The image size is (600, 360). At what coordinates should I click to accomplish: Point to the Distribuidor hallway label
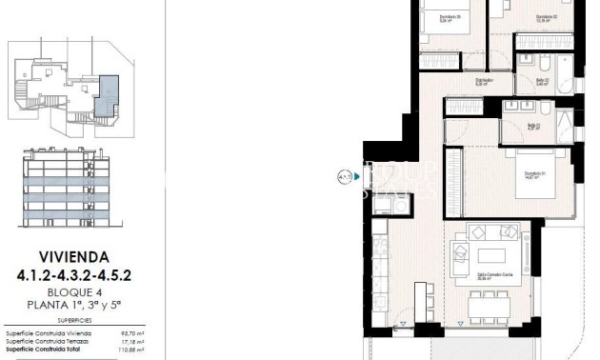click(x=485, y=81)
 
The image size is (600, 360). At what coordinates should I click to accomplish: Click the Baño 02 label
click(x=543, y=81)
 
